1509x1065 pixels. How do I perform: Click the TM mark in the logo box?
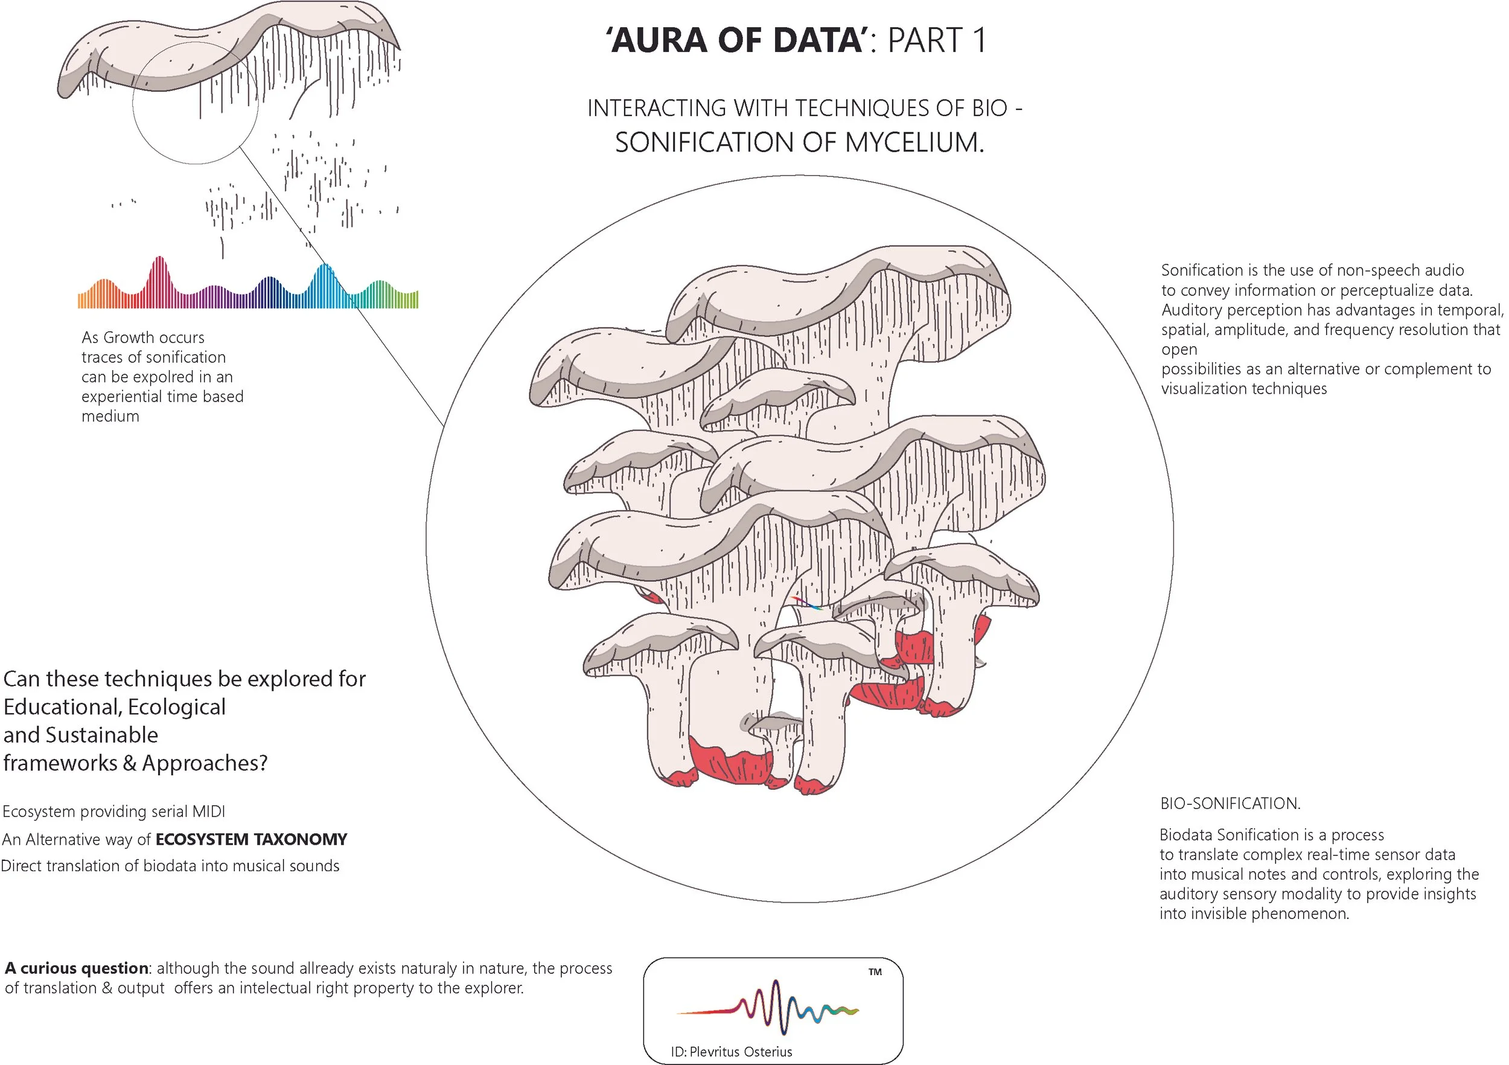(875, 971)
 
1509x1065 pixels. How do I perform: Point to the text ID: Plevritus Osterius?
(731, 1052)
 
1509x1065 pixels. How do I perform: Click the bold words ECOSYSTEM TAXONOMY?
(251, 840)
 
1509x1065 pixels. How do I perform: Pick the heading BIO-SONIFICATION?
(1230, 804)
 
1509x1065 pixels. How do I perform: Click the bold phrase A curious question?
(76, 968)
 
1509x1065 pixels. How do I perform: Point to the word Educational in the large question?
(62, 707)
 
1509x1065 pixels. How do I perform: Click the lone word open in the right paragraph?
(1179, 350)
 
